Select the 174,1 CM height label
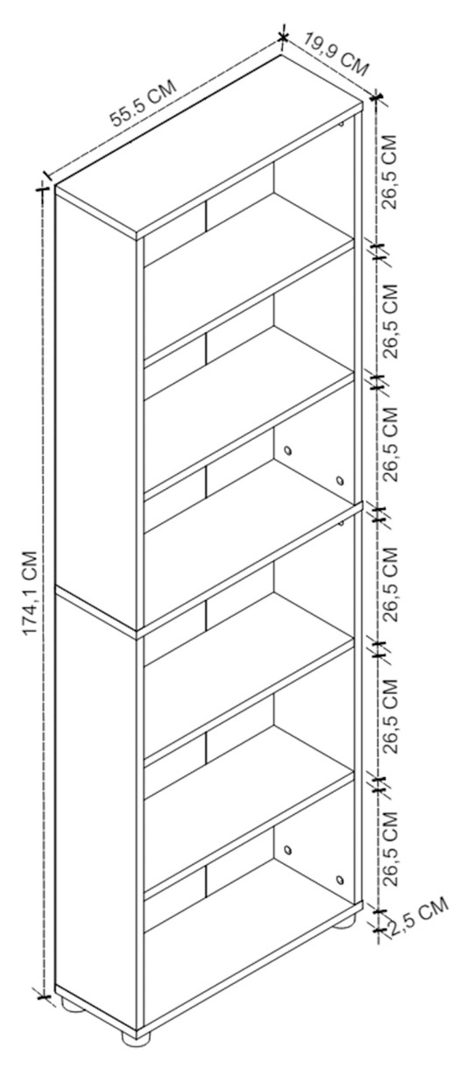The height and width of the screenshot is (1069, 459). click(x=30, y=592)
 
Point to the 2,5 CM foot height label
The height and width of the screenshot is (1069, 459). click(x=420, y=917)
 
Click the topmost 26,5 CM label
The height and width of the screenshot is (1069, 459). click(x=389, y=172)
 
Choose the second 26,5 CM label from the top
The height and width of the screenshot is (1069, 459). click(x=389, y=321)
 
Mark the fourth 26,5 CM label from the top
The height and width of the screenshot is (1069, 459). click(x=389, y=584)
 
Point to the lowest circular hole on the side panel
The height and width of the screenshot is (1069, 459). click(x=339, y=880)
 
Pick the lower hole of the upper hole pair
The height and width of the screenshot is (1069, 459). click(x=339, y=480)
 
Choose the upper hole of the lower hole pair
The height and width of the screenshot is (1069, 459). click(x=287, y=850)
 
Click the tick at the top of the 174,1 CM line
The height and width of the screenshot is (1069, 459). click(x=42, y=188)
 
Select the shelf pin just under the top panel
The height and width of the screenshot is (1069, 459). click(x=341, y=124)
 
